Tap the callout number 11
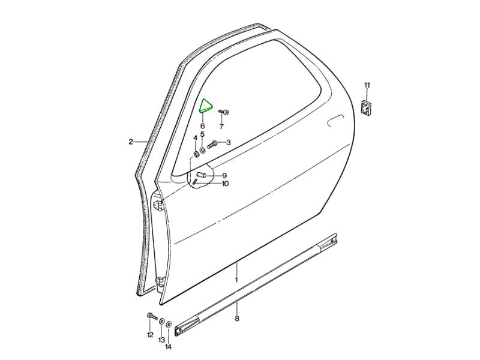367,85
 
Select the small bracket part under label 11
366,108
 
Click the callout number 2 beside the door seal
131,142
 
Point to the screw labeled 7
224,112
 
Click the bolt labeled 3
212,143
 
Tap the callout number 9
224,176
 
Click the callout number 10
225,184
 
